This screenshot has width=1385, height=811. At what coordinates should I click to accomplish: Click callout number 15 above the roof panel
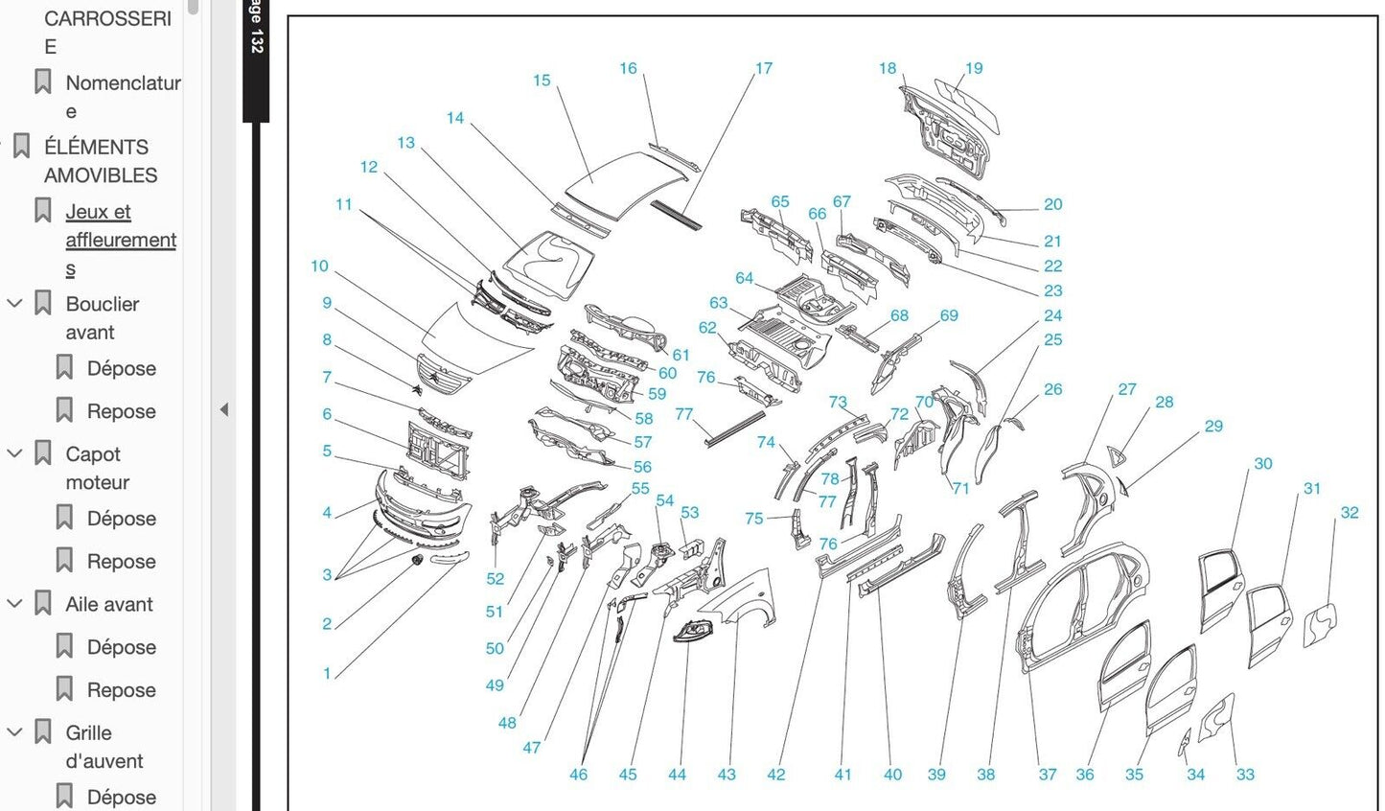point(542,81)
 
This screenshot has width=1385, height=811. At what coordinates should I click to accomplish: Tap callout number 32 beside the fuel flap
point(1349,513)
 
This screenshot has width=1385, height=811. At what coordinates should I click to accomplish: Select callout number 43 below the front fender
point(726,775)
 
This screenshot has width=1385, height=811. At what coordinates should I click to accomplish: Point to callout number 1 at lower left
point(327,674)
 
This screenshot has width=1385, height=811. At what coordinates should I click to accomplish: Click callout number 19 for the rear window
point(974,68)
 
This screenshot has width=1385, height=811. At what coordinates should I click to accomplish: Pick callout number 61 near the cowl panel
point(681,355)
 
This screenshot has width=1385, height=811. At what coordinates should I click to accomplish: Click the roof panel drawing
point(628,182)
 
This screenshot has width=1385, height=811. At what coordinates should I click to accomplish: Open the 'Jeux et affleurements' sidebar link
point(120,240)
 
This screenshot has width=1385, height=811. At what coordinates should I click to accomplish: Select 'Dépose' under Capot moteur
point(121,519)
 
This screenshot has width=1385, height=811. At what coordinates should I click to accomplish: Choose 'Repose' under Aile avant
point(121,690)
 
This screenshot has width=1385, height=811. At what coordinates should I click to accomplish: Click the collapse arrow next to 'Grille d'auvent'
point(14,732)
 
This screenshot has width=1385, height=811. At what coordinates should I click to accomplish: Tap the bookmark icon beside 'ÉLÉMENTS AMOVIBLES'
point(21,148)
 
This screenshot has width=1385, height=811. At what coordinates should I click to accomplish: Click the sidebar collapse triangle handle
point(223,410)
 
